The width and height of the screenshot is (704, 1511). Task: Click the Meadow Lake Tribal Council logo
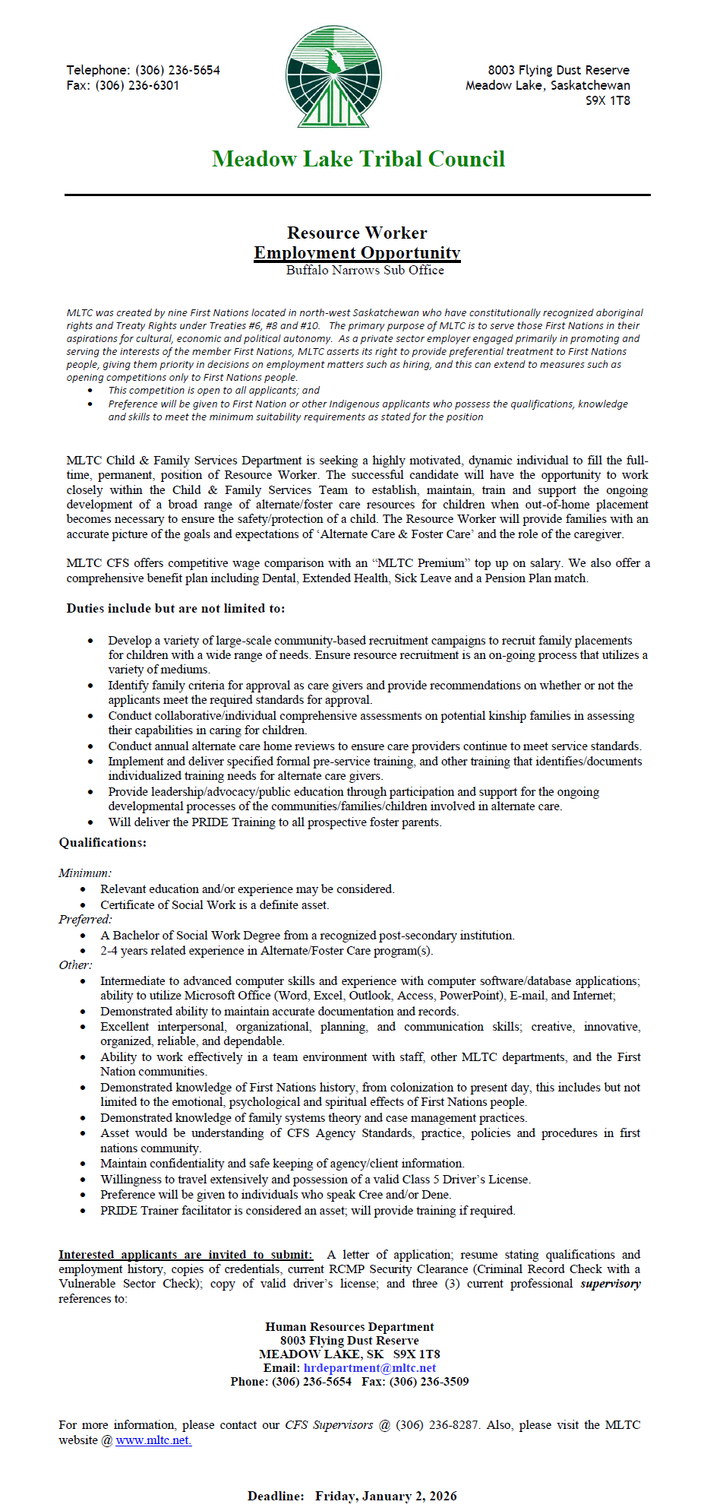point(333,77)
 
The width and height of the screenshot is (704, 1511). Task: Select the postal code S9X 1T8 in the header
point(608,100)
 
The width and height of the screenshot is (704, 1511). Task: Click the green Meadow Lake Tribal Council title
point(358,159)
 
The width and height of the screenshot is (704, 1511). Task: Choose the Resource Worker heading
point(357,233)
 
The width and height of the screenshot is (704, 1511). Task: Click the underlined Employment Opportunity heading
point(357,252)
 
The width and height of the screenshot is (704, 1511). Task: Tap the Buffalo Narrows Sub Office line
point(365,270)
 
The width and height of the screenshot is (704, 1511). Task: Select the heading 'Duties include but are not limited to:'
point(175,608)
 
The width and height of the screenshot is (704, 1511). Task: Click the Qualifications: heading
point(103,842)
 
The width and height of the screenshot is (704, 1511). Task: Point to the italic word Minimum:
point(85,873)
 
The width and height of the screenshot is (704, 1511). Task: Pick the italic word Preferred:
point(85,919)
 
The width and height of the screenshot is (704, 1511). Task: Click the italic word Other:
point(75,965)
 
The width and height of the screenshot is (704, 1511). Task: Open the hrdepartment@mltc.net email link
point(370,1367)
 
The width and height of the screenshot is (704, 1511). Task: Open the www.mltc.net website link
point(153,1440)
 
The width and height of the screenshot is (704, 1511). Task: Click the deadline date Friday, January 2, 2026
point(386,1496)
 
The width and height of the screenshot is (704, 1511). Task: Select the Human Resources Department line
point(349,1326)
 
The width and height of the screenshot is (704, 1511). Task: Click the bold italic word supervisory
point(610,1283)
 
